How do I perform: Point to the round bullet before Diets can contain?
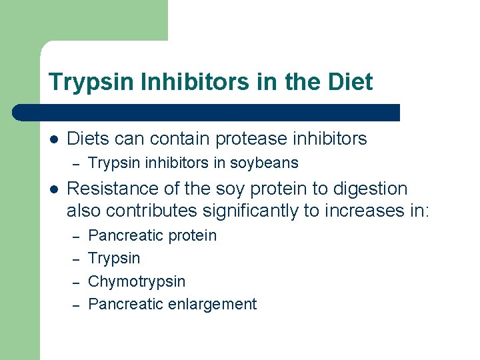[54, 139]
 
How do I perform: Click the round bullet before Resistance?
[54, 189]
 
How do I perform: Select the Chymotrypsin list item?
[137, 281]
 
